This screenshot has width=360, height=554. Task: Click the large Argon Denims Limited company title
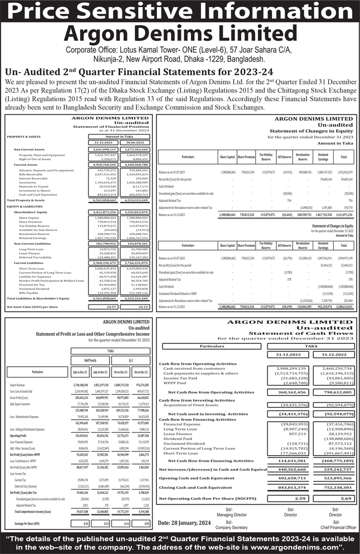[x=179, y=34]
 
